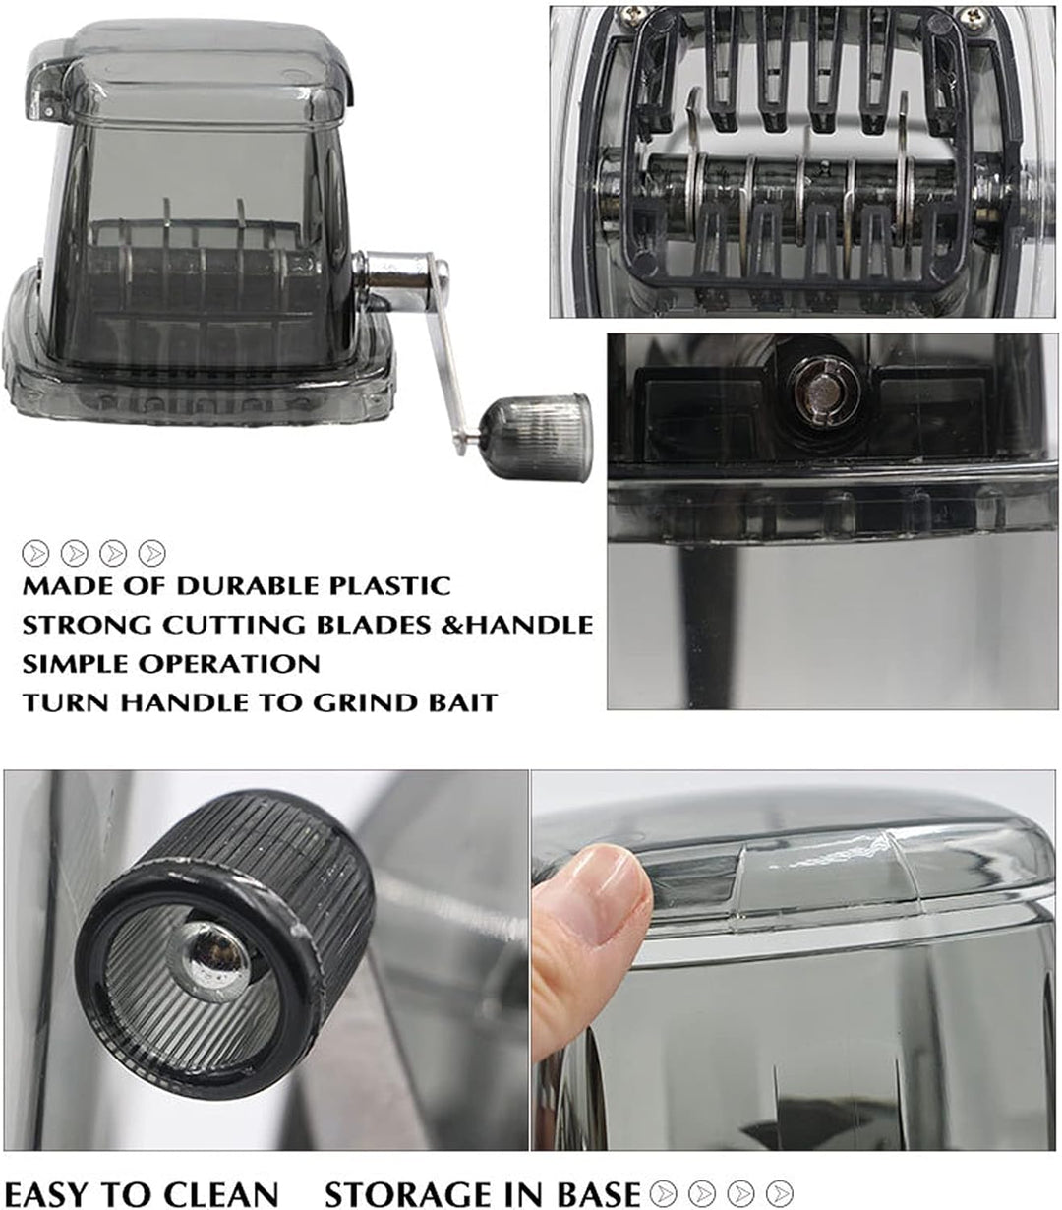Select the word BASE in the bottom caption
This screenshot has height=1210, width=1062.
click(x=599, y=1193)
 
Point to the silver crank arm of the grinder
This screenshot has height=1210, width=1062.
click(x=433, y=334)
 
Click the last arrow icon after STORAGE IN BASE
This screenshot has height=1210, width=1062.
click(x=779, y=1193)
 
